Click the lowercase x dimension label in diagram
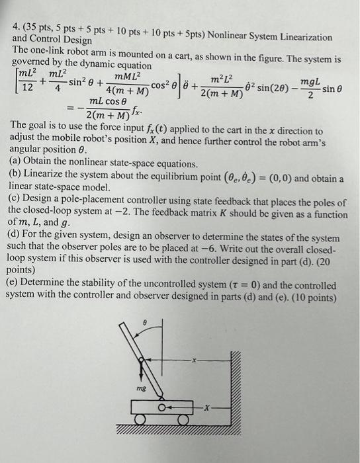tap(194, 361)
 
